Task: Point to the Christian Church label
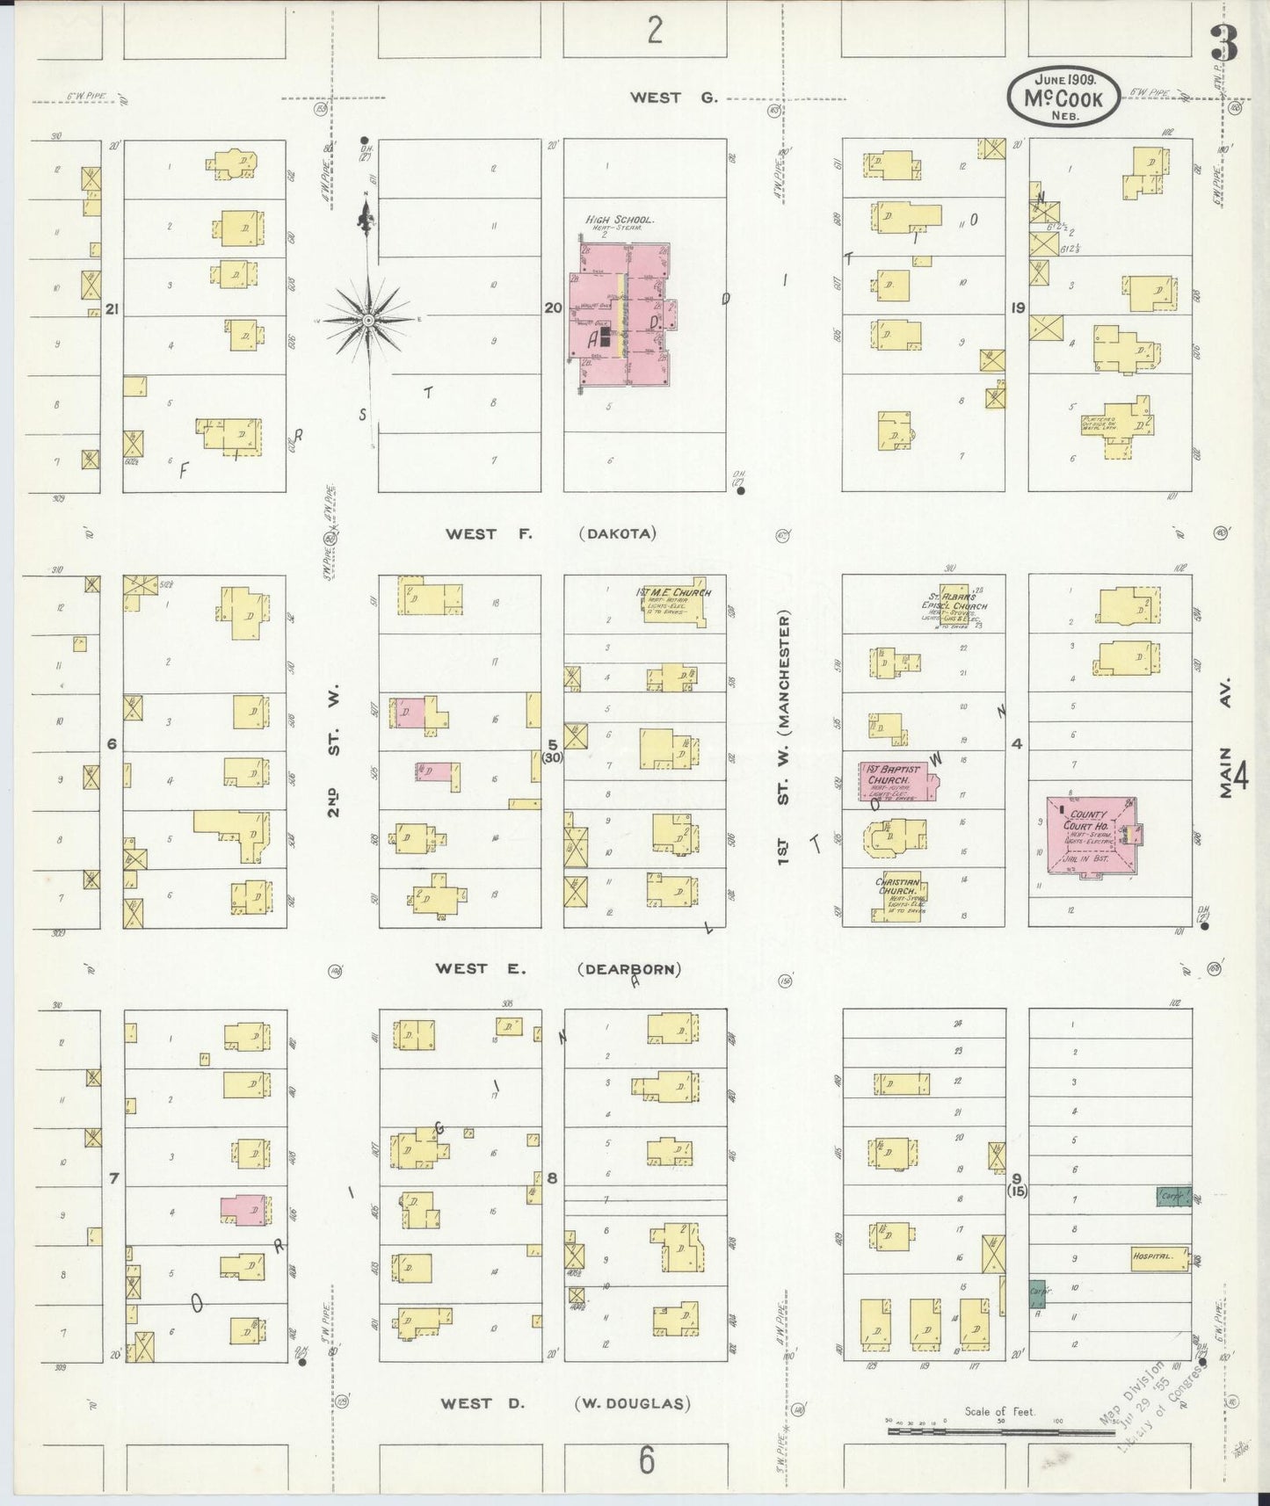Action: tap(897, 887)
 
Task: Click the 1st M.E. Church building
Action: tap(672, 601)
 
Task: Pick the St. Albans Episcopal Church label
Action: tap(954, 600)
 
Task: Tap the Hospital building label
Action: tap(1153, 1256)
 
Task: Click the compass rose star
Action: tap(368, 321)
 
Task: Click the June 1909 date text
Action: tap(1063, 79)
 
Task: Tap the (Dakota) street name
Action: tap(618, 533)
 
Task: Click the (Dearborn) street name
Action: tap(629, 969)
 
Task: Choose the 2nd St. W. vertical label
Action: tap(335, 752)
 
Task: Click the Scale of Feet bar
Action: tap(976, 1430)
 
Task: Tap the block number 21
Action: tap(112, 308)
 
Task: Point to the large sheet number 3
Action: tap(1223, 44)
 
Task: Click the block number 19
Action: tap(1018, 308)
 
